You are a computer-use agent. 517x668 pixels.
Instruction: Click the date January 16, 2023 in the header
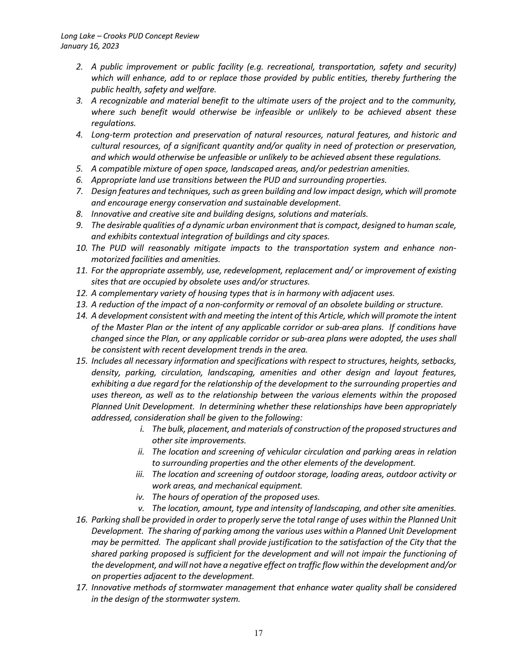90,46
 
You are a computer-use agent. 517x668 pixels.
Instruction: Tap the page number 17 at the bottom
258,633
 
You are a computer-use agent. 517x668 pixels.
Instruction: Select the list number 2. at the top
79,67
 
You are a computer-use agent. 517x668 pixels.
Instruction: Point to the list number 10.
82,248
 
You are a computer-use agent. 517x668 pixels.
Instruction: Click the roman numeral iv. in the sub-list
140,497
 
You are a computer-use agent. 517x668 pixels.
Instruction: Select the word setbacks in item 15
439,361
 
